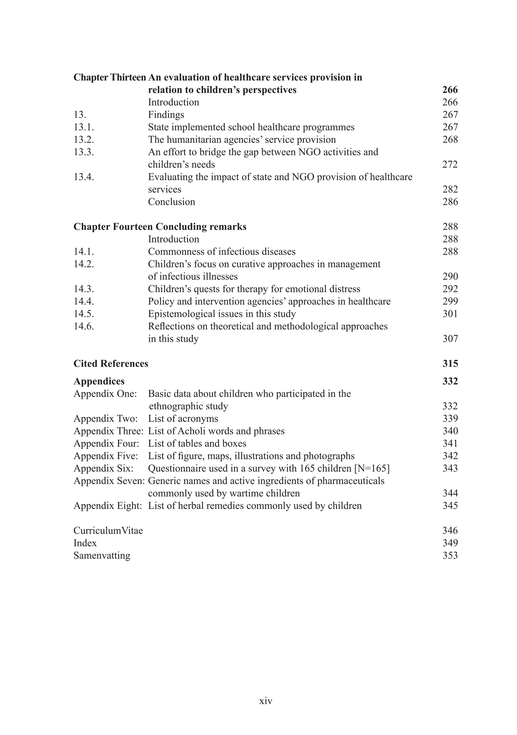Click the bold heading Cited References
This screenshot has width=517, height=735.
click(111, 364)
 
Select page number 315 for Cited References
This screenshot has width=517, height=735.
click(450, 364)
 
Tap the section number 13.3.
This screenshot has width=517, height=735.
click(84, 152)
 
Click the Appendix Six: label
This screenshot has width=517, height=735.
click(103, 468)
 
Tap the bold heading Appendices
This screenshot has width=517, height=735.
click(99, 381)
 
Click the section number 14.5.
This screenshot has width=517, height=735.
click(84, 314)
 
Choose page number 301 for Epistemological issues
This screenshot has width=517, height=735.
click(450, 314)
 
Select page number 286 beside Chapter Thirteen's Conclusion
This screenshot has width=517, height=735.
click(450, 202)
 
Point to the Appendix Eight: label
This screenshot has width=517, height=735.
click(108, 506)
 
